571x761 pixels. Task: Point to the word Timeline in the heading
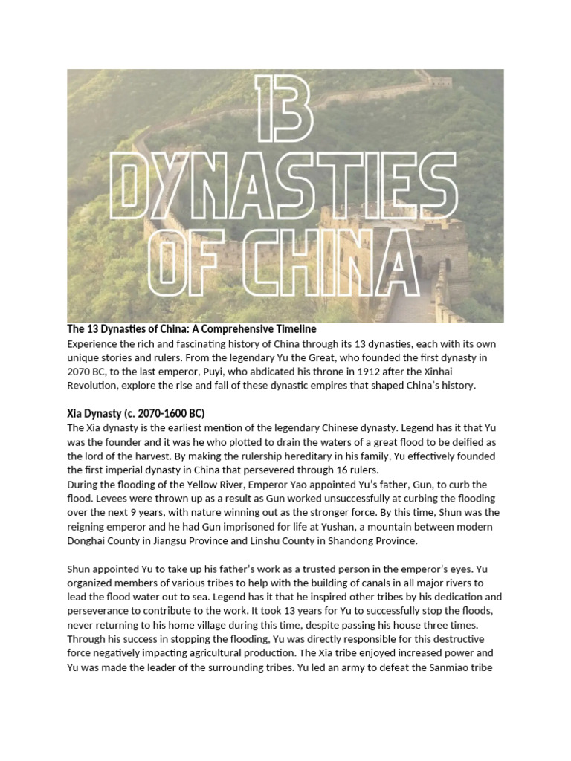click(x=294, y=328)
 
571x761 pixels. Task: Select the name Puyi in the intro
click(x=291, y=372)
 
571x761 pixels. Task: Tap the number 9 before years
click(x=149, y=513)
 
